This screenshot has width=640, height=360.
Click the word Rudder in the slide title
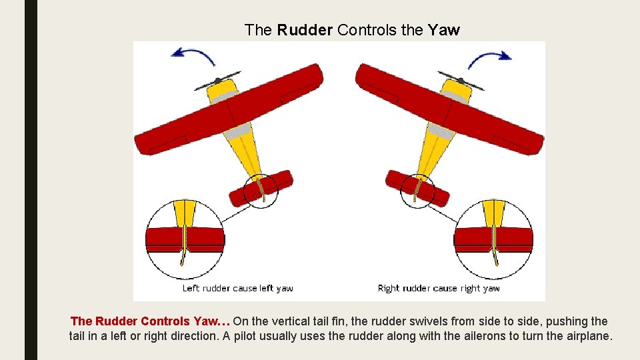pos(305,30)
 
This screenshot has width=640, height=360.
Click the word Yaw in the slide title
pos(443,30)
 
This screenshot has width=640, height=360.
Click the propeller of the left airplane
pos(217,81)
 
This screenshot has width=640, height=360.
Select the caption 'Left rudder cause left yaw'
pos(238,289)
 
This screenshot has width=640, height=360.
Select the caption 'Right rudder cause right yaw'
pos(439,289)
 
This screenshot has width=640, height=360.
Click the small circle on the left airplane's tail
pos(261,191)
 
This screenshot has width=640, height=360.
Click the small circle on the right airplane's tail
pos(418,191)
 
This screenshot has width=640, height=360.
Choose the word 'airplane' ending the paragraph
pos(587,336)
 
